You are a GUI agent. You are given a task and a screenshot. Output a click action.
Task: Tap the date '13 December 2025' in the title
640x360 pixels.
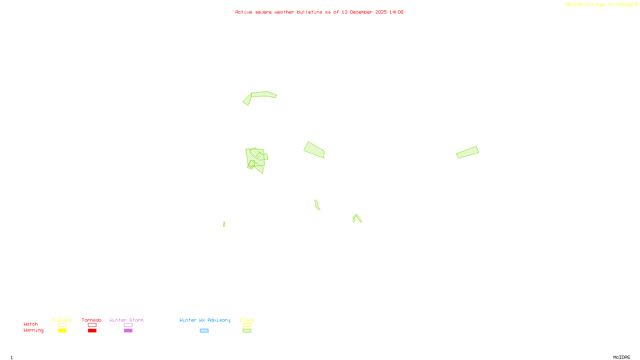tap(364, 12)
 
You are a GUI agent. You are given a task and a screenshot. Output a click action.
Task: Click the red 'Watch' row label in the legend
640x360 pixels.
tap(31, 324)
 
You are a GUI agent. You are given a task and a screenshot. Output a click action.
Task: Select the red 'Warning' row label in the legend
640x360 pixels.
tap(33, 330)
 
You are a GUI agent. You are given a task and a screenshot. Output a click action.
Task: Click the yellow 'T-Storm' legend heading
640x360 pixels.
tap(62, 320)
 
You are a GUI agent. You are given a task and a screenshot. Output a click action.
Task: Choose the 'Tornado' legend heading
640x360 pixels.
tap(92, 320)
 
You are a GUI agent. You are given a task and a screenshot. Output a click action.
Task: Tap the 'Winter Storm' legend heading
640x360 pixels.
tap(126, 320)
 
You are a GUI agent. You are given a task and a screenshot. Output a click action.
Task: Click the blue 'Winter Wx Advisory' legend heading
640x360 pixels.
tap(205, 320)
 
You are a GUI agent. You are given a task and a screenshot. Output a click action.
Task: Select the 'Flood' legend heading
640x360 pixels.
tap(247, 320)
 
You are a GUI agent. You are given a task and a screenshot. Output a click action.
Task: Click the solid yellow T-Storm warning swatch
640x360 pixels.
tap(62, 331)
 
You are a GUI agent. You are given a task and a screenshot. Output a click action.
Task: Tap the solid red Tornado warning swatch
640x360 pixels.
tap(92, 331)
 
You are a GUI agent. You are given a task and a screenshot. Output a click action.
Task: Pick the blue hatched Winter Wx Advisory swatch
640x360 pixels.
tap(204, 331)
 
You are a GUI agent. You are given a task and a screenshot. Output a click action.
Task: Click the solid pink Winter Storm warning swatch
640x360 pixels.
tap(128, 331)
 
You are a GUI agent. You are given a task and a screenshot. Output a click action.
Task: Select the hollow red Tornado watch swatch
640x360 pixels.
tap(92, 325)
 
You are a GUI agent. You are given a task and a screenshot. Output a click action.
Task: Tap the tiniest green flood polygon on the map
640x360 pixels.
tap(224, 224)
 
